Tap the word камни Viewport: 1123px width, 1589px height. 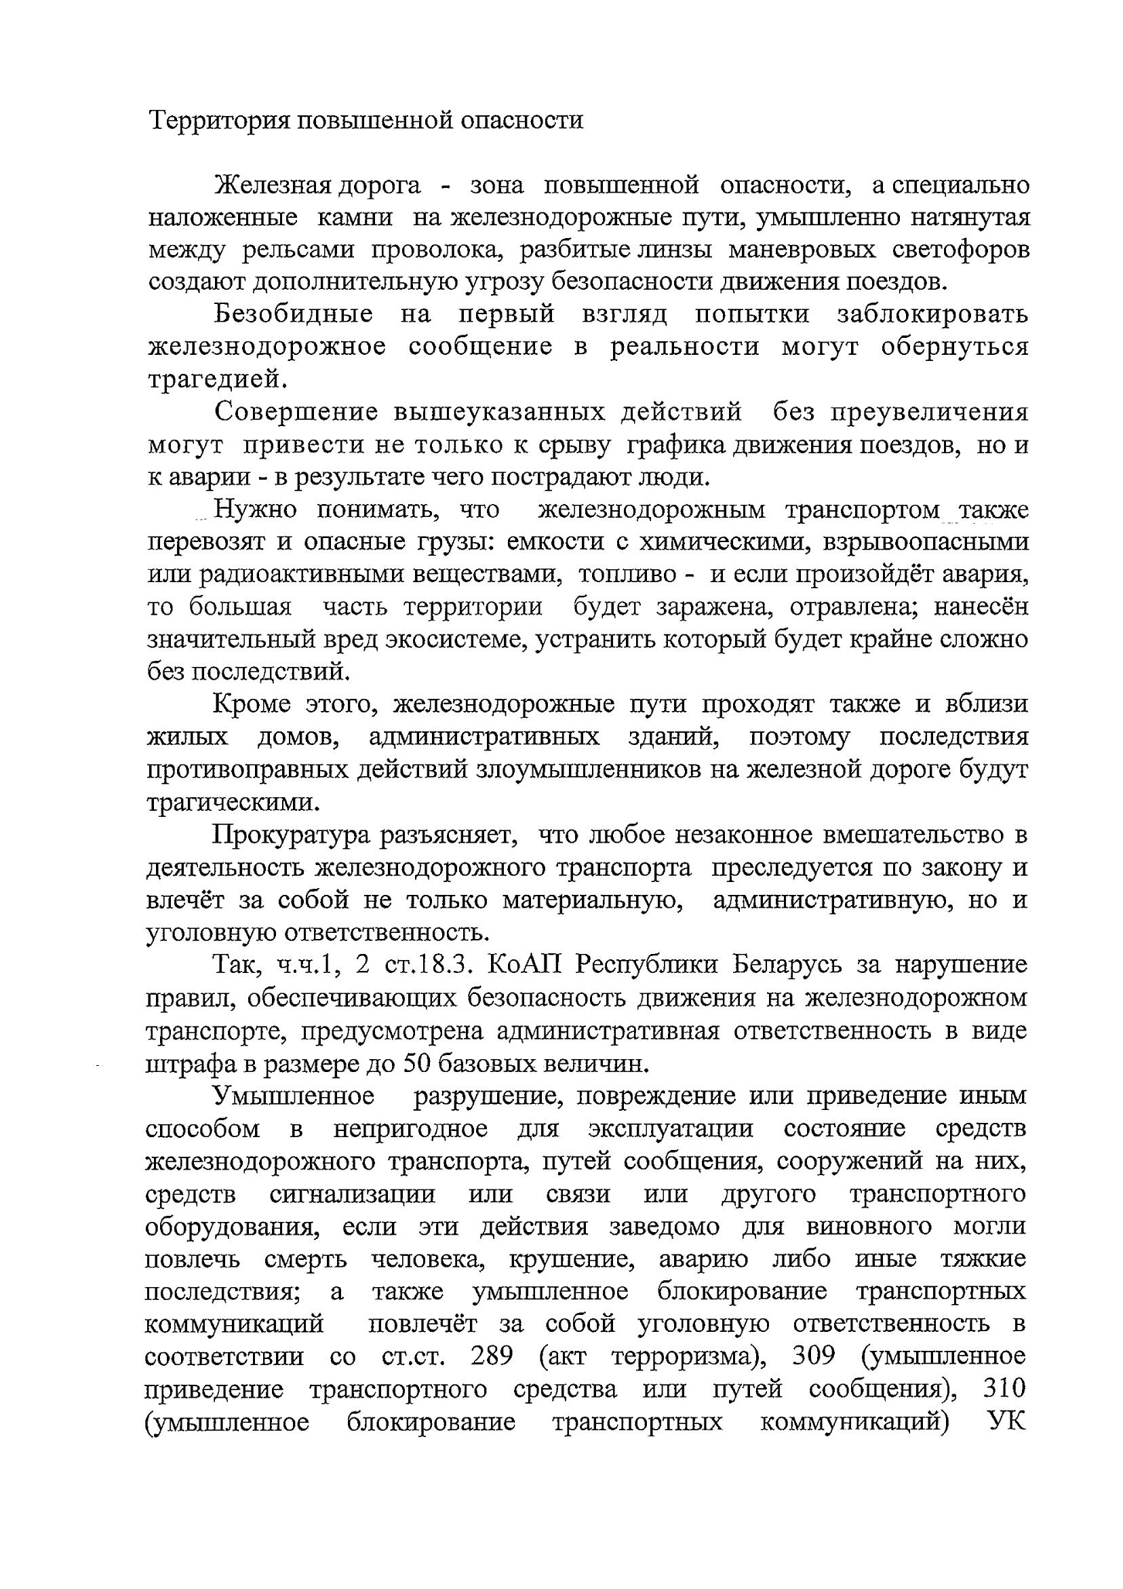tap(354, 218)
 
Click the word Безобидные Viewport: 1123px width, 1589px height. tap(294, 315)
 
